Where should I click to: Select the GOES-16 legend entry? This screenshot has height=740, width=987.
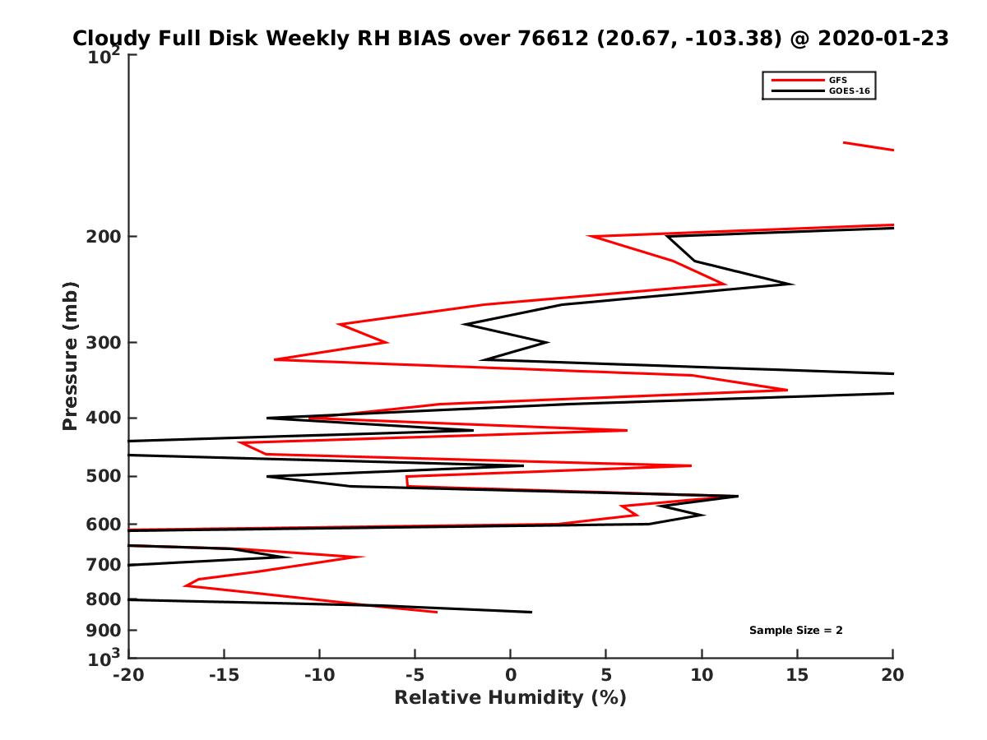coord(848,91)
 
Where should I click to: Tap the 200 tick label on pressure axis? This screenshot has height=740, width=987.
coord(102,237)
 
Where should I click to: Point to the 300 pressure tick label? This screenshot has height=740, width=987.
coord(102,343)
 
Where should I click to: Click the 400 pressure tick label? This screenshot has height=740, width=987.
coord(102,418)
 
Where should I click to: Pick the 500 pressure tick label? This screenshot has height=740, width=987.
coord(102,476)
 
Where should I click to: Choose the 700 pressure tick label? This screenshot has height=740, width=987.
coord(102,565)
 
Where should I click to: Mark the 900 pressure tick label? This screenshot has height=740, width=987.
coord(102,631)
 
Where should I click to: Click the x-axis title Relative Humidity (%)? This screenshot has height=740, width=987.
coord(510,698)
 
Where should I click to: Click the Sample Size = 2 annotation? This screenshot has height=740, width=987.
coord(795,631)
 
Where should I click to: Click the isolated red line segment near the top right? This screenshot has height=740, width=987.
coord(868,146)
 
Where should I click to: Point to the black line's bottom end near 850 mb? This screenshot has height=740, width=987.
coord(531,612)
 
